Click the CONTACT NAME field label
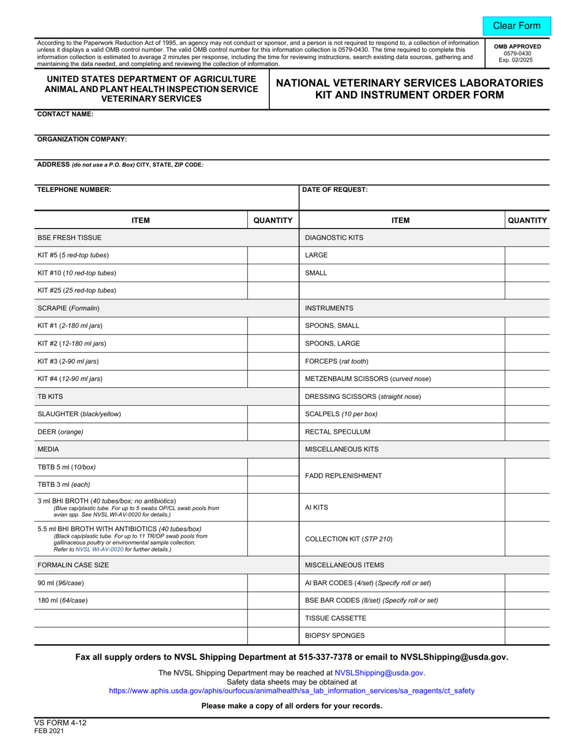66,114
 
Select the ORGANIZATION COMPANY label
82,140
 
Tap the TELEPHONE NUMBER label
74,190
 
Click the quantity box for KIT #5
272,255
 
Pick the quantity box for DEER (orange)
272,432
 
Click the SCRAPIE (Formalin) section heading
69,308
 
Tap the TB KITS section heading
50,396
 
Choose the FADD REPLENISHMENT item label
344,476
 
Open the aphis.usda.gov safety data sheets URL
291,691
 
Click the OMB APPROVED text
517,46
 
